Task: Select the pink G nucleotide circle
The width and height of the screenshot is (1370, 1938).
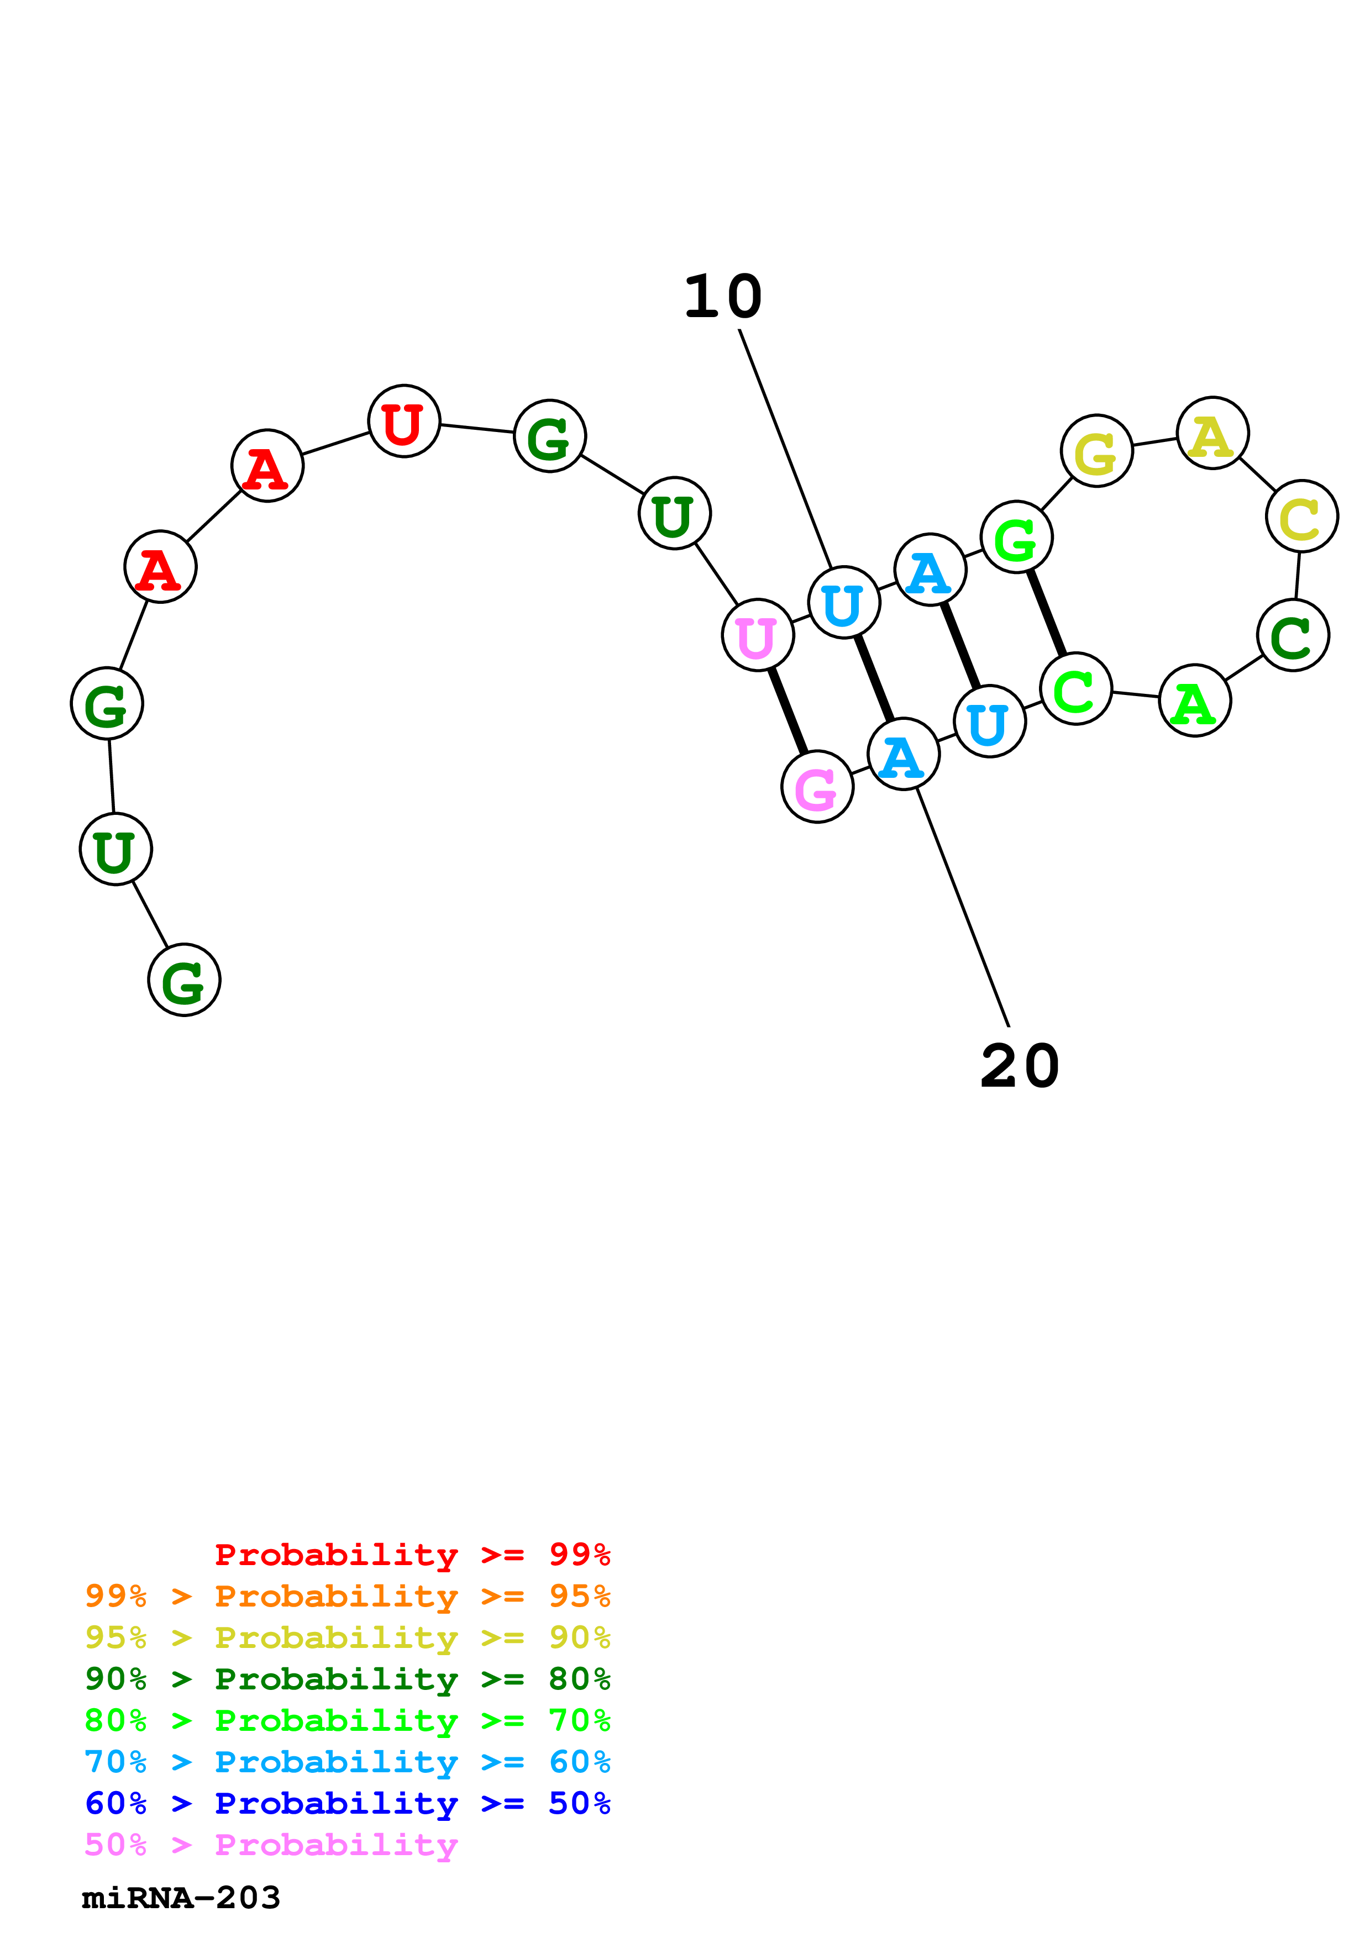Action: (817, 787)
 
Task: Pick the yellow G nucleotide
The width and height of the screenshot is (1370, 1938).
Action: (1096, 451)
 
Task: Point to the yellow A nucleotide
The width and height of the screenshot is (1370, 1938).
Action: (1212, 433)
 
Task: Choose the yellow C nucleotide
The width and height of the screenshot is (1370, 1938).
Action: (1301, 516)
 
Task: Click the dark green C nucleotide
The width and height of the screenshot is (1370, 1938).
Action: (1292, 635)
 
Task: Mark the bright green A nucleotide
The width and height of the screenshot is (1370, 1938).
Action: (1194, 701)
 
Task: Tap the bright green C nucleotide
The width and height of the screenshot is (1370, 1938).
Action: (1075, 689)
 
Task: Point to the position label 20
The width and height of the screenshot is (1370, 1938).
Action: (1020, 1066)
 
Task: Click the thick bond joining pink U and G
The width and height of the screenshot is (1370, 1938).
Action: (788, 710)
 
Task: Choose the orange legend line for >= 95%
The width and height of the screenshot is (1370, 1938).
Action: (347, 1595)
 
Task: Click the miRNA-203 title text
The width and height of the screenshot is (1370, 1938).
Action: (181, 1898)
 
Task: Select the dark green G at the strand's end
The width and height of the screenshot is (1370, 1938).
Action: (184, 980)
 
